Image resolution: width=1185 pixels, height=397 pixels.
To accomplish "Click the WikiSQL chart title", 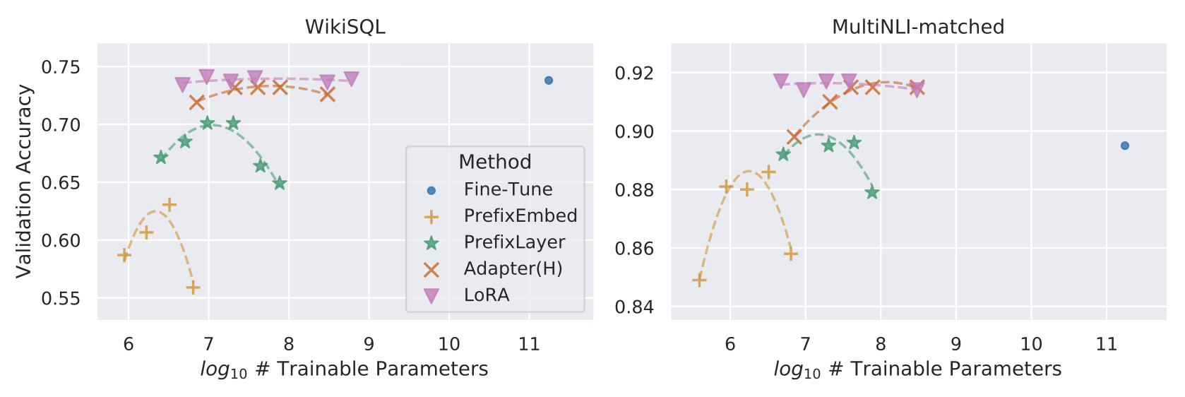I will tap(345, 27).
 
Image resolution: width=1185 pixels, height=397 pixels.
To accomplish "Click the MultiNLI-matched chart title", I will tap(918, 27).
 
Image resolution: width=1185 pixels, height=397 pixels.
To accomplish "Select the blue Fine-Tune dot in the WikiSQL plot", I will tap(549, 81).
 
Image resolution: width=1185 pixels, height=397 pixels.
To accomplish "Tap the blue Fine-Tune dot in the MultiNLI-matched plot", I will tap(1125, 146).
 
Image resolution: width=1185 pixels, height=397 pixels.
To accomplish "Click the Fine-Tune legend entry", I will tap(508, 189).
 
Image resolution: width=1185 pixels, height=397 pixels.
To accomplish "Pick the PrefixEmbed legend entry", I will tap(520, 215).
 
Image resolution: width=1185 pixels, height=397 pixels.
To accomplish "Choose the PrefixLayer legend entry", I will tap(514, 242).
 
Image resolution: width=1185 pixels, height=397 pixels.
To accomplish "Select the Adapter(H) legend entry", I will tap(513, 268).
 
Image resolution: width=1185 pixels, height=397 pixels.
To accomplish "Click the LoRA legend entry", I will tap(487, 295).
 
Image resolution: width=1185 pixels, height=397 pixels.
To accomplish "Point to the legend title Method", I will tap(495, 162).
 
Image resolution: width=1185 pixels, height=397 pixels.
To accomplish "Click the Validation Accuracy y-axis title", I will tap(24, 181).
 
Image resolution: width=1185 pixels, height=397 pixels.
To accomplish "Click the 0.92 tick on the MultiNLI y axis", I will tap(634, 73).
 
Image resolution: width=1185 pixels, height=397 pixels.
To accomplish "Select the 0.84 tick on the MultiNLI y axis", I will tap(634, 307).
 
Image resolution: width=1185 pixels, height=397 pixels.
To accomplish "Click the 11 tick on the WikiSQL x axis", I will tap(529, 344).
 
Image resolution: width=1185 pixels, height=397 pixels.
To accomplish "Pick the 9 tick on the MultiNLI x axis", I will tap(955, 344).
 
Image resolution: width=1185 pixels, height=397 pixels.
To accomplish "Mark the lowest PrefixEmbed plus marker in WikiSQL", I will tap(193, 288).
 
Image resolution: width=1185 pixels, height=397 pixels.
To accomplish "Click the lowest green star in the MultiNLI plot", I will tap(872, 192).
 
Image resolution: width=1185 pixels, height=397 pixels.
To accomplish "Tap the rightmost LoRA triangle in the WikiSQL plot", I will tap(351, 78).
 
